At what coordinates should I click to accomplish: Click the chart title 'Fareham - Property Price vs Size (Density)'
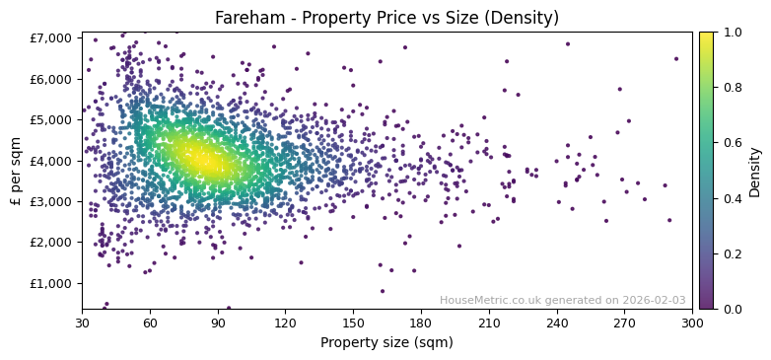click(x=386, y=18)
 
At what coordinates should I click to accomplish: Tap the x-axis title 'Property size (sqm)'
click(x=386, y=343)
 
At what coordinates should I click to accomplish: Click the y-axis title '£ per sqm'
click(x=16, y=171)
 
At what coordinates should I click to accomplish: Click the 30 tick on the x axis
click(x=82, y=322)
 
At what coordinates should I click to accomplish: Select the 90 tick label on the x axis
click(x=218, y=322)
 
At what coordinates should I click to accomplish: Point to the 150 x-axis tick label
click(x=353, y=322)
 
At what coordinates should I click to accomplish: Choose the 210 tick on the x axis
click(x=489, y=322)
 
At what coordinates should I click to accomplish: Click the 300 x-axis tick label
click(x=692, y=322)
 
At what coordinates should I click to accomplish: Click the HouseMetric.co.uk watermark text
click(x=562, y=300)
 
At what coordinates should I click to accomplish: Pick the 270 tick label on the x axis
click(x=624, y=322)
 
